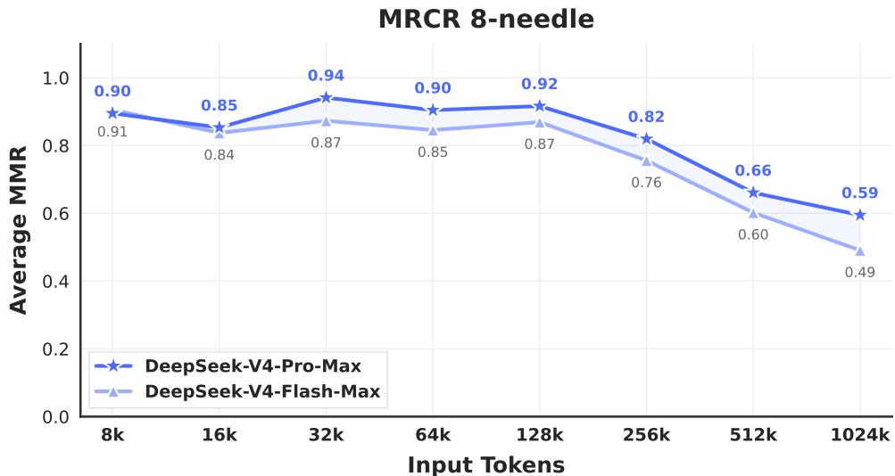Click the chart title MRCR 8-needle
click(x=485, y=19)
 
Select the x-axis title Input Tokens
click(x=485, y=464)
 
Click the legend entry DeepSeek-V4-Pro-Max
click(x=253, y=365)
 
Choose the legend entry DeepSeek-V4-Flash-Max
click(x=262, y=390)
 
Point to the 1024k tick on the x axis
click(x=859, y=435)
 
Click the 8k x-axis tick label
click(x=112, y=435)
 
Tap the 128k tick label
click(x=539, y=435)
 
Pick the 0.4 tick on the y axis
click(x=55, y=282)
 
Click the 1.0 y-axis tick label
click(x=55, y=78)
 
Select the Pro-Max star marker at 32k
click(x=326, y=98)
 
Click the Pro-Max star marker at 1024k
click(x=859, y=215)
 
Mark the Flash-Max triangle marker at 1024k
click(x=859, y=250)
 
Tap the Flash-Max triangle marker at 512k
click(x=753, y=212)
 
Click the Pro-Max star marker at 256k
click(x=646, y=138)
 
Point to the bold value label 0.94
click(x=326, y=76)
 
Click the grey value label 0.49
click(x=859, y=272)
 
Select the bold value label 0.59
click(x=859, y=193)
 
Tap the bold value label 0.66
click(x=753, y=171)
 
